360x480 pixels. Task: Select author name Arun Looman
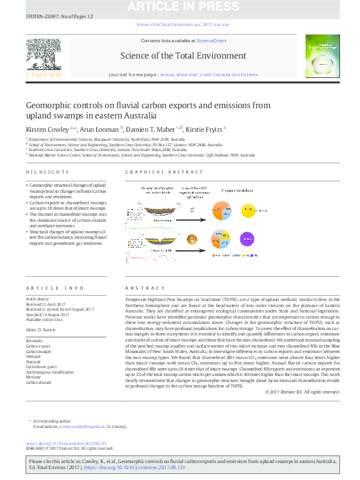(x=100, y=129)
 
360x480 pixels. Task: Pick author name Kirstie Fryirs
(x=205, y=129)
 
